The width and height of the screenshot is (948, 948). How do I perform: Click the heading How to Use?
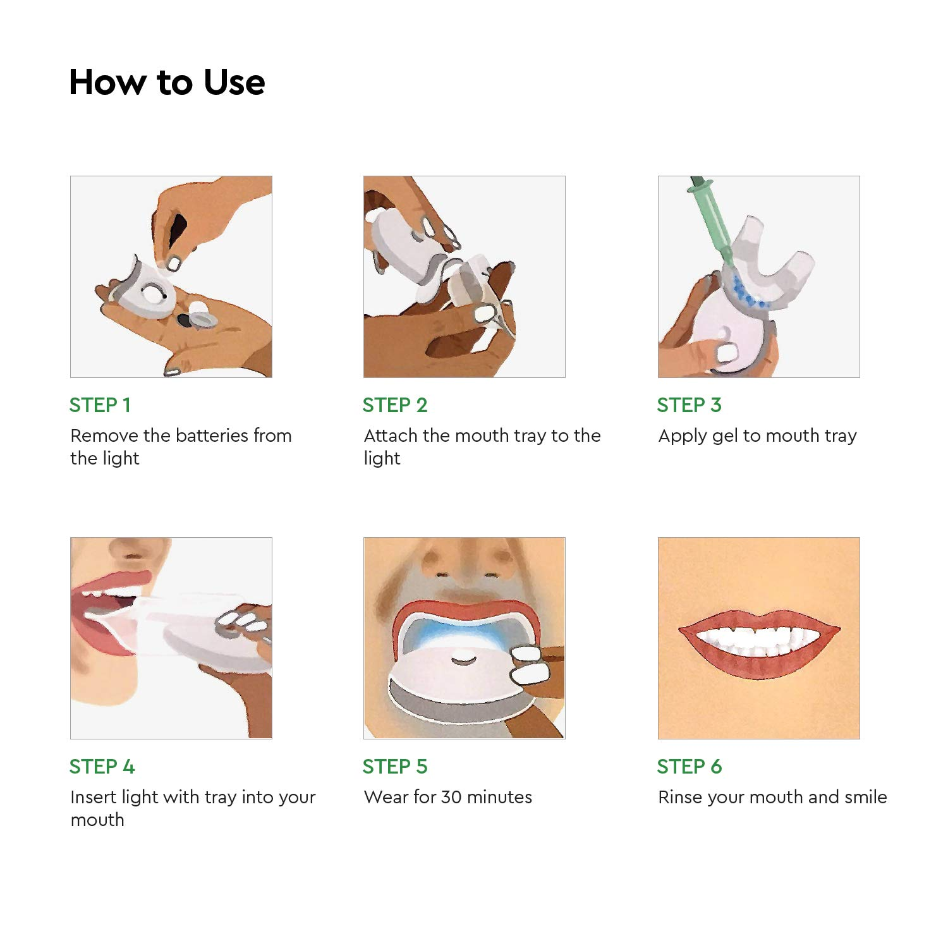tap(167, 82)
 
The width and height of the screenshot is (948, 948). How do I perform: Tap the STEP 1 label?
tap(100, 405)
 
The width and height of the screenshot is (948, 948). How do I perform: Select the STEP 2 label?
tap(395, 405)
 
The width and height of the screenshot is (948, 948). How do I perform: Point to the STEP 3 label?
tap(689, 405)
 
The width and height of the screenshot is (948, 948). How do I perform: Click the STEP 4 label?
tap(102, 767)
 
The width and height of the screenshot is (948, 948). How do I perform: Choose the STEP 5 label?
tap(395, 767)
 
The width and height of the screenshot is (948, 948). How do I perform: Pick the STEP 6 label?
tap(689, 767)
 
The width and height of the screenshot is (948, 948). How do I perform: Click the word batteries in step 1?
tap(212, 435)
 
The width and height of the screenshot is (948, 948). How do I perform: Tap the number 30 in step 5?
tap(451, 797)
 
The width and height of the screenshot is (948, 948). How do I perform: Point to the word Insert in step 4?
tap(94, 797)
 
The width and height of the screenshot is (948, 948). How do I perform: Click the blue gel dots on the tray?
tap(747, 293)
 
